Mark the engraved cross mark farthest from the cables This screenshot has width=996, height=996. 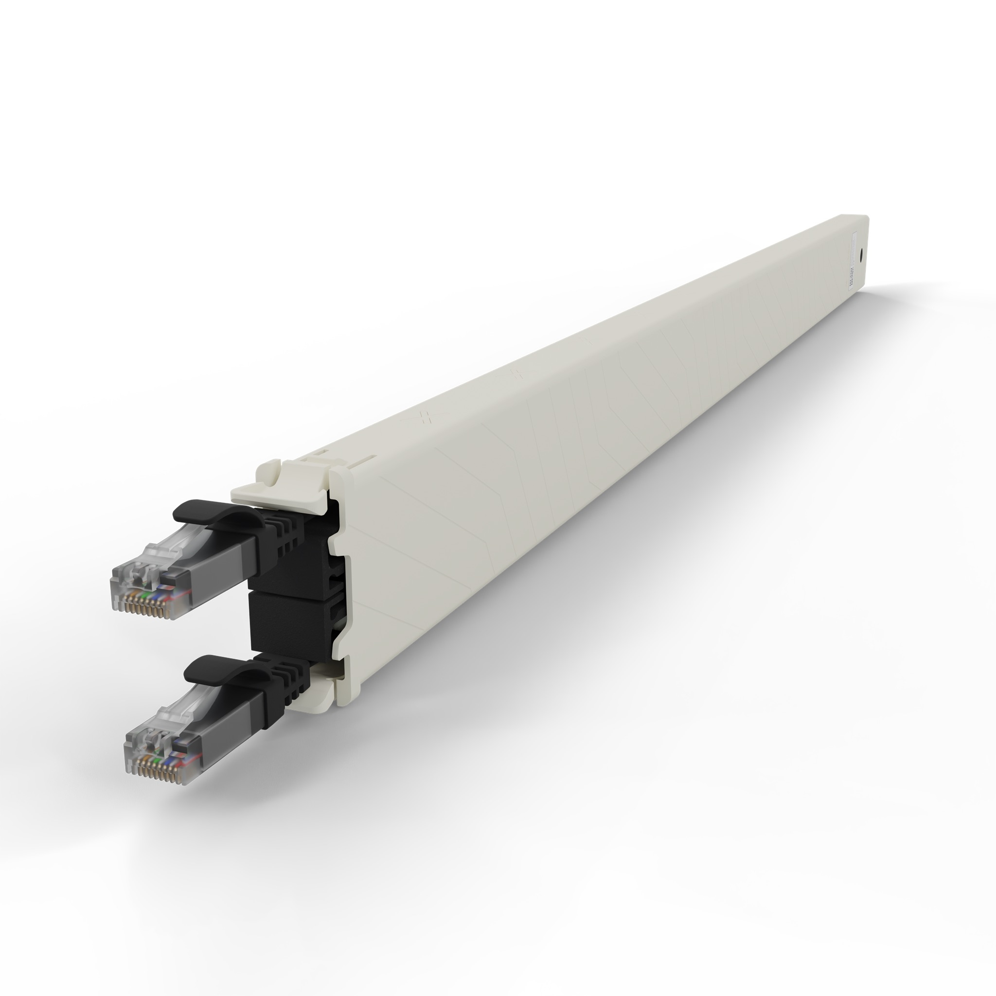(585, 341)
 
